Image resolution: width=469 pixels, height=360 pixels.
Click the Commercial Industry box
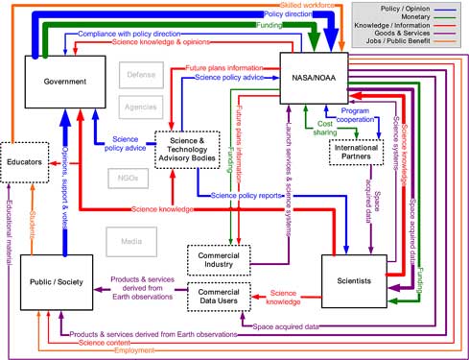click(x=218, y=260)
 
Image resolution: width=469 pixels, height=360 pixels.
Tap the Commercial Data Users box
click(x=218, y=296)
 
